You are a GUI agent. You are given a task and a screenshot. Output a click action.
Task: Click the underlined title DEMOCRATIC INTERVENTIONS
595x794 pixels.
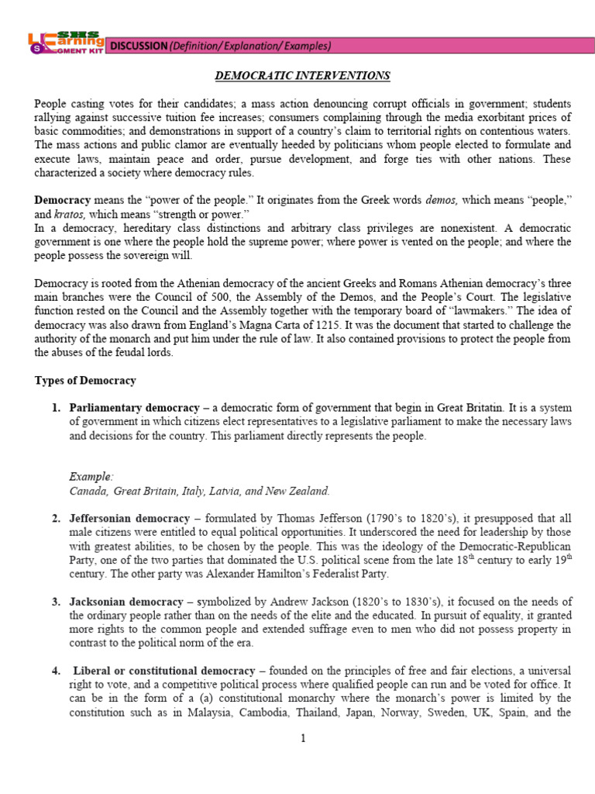pyautogui.click(x=302, y=75)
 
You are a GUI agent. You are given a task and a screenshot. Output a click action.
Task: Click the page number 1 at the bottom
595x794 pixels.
pyautogui.click(x=304, y=738)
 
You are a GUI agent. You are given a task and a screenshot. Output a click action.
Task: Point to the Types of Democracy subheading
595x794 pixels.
pyautogui.click(x=85, y=380)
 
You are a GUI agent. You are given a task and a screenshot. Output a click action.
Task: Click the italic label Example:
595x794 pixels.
pyautogui.click(x=91, y=475)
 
